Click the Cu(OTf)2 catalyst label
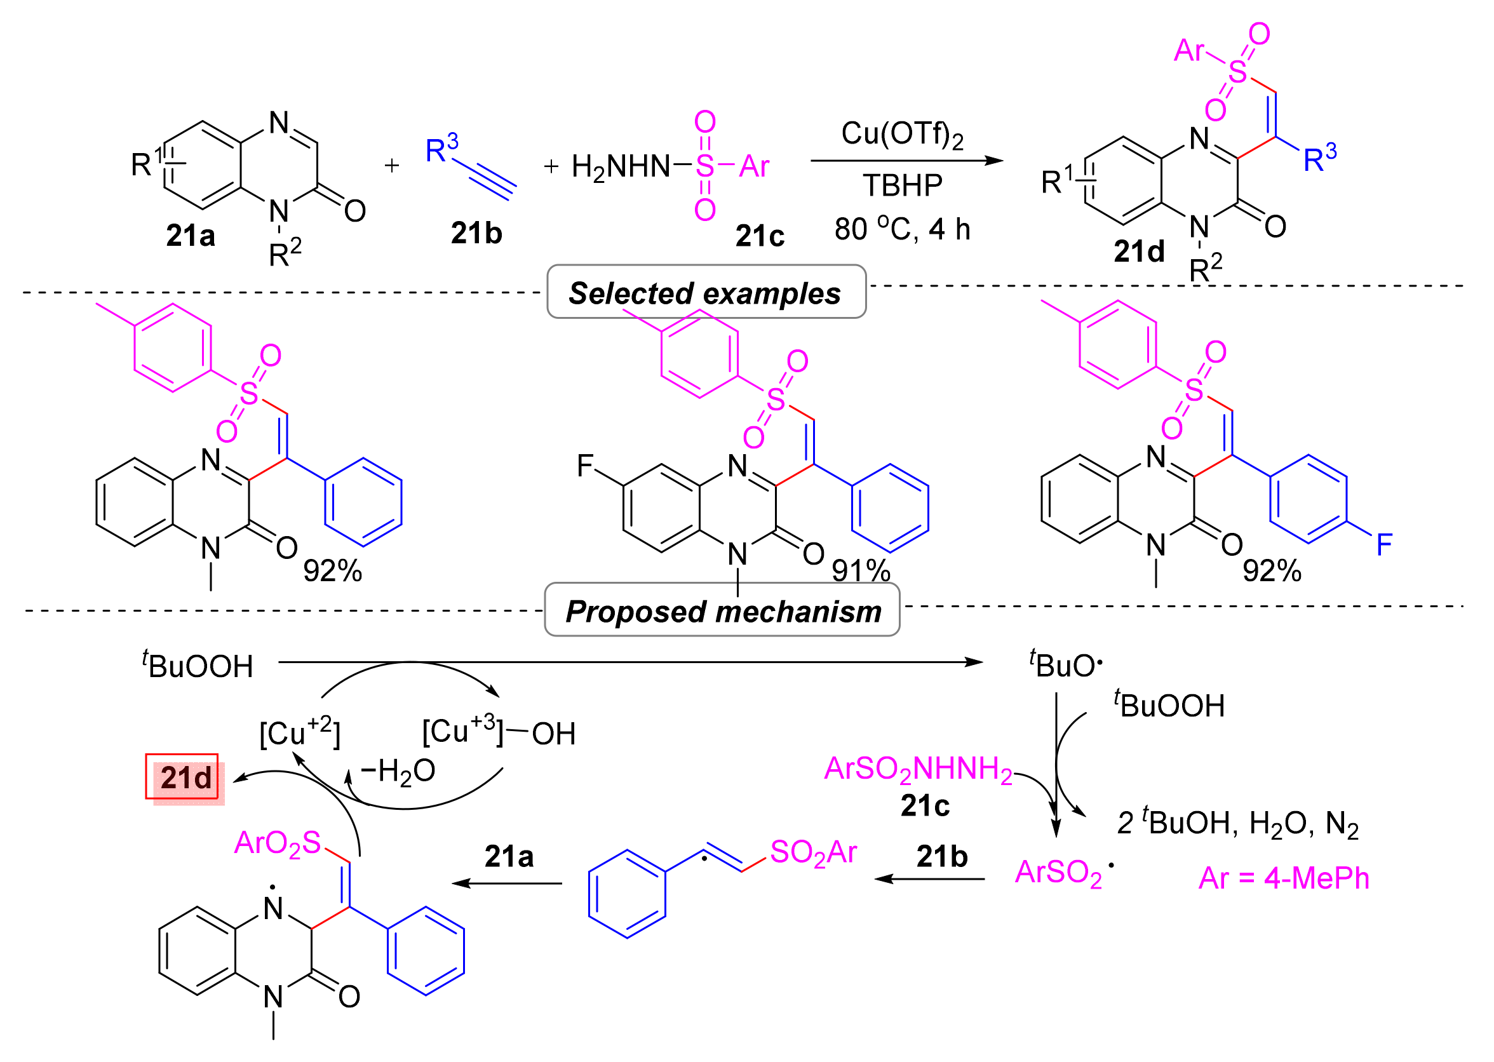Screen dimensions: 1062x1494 (901, 135)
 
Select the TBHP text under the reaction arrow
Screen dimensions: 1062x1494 (902, 185)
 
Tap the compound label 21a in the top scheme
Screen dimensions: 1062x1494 (191, 236)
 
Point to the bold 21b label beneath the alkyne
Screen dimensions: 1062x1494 (476, 234)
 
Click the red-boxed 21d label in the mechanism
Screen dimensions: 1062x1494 (185, 778)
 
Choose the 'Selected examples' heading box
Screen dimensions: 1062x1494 (706, 292)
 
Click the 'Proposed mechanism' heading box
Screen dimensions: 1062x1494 (722, 612)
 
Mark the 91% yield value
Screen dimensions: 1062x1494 (861, 571)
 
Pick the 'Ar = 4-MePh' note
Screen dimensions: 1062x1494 (1284, 878)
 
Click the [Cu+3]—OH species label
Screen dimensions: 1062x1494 (499, 733)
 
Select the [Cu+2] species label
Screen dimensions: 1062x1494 (299, 733)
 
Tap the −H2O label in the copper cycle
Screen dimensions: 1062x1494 (398, 771)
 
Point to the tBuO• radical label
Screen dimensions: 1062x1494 (1066, 666)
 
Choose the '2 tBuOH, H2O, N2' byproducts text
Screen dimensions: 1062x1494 (1238, 823)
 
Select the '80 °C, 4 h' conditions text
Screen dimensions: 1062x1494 (902, 229)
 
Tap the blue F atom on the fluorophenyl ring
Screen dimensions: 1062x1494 (1384, 544)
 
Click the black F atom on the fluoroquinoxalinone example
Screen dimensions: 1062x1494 (584, 466)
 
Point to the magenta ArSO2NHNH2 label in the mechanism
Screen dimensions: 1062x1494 (917, 769)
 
